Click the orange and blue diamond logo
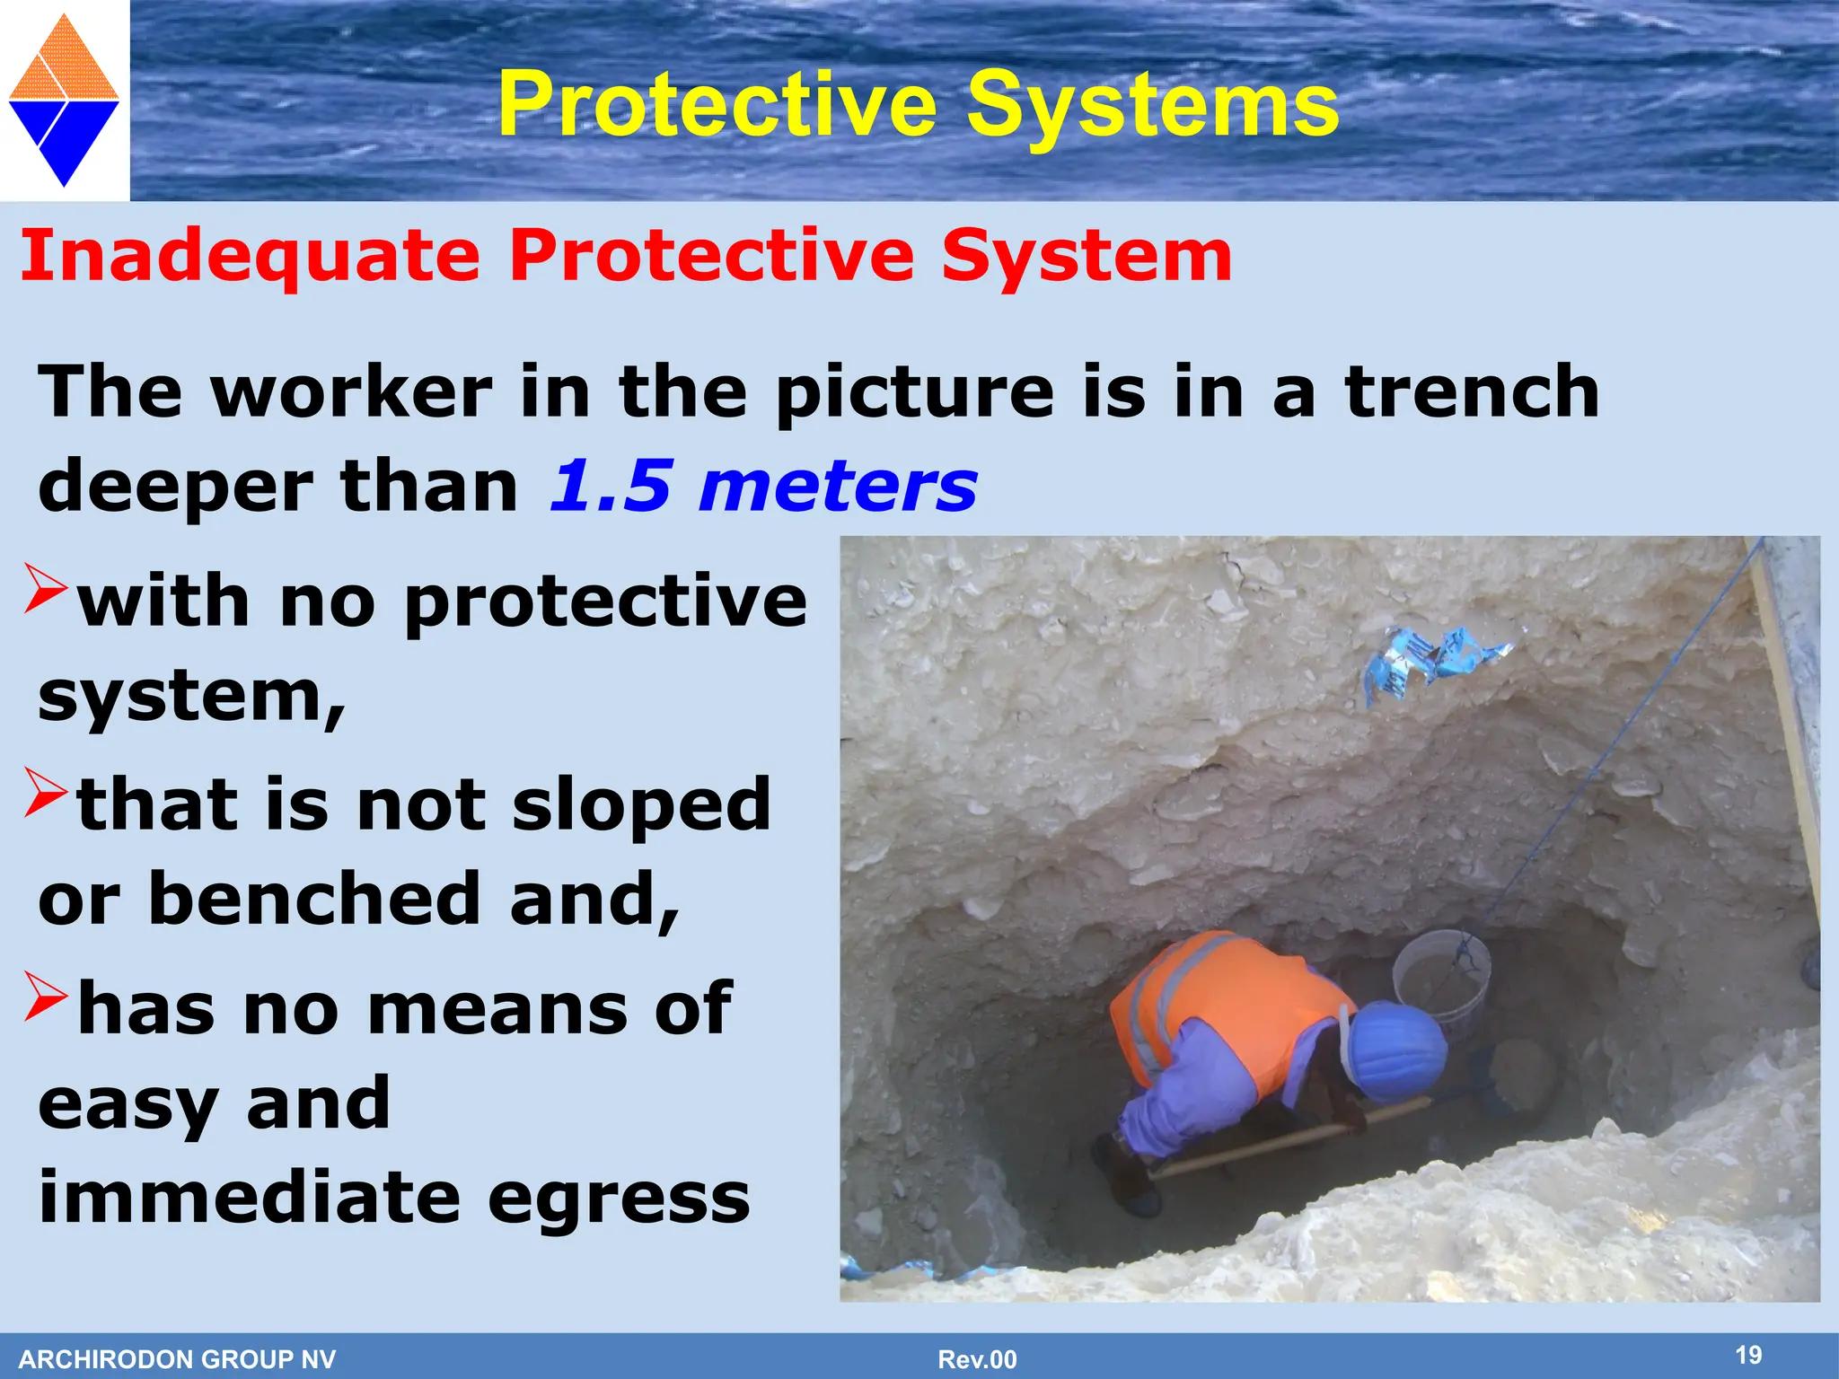[x=64, y=101]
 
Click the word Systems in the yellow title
[x=1153, y=106]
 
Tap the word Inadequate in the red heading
[x=251, y=257]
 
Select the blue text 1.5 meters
[x=763, y=487]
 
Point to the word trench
[x=1473, y=392]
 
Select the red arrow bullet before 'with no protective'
[x=45, y=588]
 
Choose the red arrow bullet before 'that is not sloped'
[x=45, y=792]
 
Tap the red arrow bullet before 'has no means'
[x=45, y=997]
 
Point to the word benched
[x=314, y=899]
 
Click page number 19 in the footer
[x=1748, y=1355]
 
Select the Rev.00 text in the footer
[x=977, y=1359]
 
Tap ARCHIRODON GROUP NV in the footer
[x=177, y=1359]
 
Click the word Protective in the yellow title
[x=718, y=106]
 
